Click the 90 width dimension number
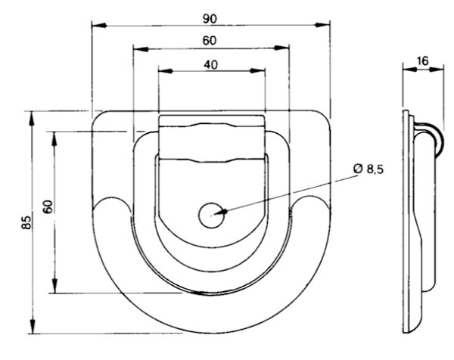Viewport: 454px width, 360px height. pyautogui.click(x=210, y=19)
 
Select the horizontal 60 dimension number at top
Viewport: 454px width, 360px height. pyautogui.click(x=210, y=41)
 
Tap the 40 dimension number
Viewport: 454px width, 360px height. pyautogui.click(x=211, y=65)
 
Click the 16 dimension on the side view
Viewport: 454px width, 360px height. pyautogui.click(x=423, y=61)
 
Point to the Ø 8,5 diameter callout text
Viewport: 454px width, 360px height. pyautogui.click(x=368, y=169)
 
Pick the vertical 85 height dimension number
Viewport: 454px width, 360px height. pyautogui.click(x=26, y=222)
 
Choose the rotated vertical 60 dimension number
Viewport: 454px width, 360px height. pyautogui.click(x=48, y=206)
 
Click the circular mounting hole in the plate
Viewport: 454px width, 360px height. pyautogui.click(x=212, y=216)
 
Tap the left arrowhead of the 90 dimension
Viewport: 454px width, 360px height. pyautogui.click(x=99, y=25)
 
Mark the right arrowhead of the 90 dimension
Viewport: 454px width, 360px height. pyautogui.click(x=322, y=25)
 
